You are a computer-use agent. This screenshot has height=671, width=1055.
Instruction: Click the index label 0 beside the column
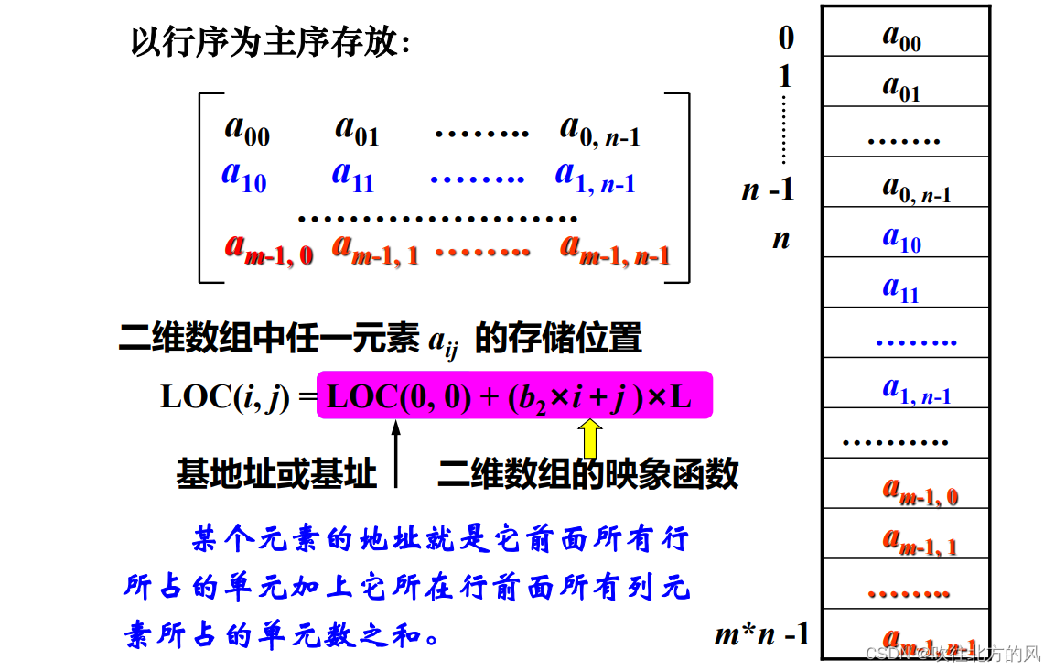786,38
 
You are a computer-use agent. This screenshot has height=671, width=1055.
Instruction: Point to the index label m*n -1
762,633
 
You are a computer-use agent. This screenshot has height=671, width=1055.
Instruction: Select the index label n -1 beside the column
768,189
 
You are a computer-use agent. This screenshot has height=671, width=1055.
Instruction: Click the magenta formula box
514,395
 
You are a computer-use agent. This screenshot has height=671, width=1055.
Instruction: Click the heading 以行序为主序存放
271,42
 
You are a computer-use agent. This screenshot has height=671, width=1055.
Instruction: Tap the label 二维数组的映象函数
588,473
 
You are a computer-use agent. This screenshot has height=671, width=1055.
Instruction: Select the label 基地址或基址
276,473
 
